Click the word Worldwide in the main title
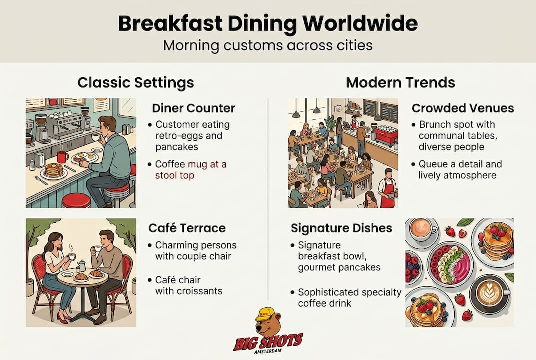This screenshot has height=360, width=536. click(360, 23)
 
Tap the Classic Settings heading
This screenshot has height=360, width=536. click(136, 83)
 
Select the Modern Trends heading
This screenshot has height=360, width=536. click(400, 83)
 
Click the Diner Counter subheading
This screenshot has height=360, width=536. click(193, 108)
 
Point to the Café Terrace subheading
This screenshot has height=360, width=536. click(187, 228)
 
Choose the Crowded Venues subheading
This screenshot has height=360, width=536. click(463, 108)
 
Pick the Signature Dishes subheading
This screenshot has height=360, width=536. click(341, 228)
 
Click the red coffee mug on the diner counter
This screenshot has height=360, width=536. click(63, 157)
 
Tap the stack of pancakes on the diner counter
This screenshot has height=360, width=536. click(52, 170)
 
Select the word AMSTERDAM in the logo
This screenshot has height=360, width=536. click(268, 351)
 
